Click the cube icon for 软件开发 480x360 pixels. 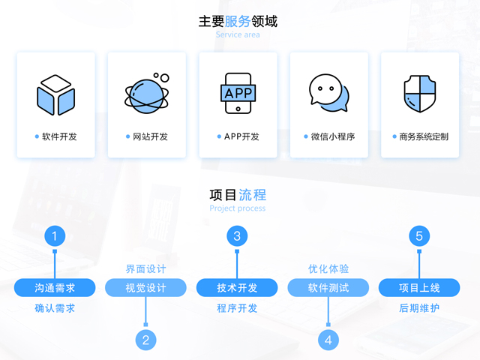pyautogui.click(x=55, y=95)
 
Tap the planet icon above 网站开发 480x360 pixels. pyautogui.click(x=147, y=93)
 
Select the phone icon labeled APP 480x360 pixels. pyautogui.click(x=238, y=93)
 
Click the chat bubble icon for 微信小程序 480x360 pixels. pyautogui.click(x=328, y=92)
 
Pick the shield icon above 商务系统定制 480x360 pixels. pyautogui.click(x=420, y=94)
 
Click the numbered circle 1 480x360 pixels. pyautogui.click(x=55, y=236)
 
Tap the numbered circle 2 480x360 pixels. pyautogui.click(x=145, y=340)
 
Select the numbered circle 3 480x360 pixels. pyautogui.click(x=237, y=236)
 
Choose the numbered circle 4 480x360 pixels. pyautogui.click(x=328, y=340)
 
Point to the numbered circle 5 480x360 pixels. pyautogui.click(x=419, y=236)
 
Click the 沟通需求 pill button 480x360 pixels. pyautogui.click(x=55, y=287)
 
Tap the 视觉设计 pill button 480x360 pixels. pyautogui.click(x=145, y=287)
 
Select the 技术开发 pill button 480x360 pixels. pyautogui.click(x=237, y=287)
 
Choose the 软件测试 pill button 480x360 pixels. pyautogui.click(x=328, y=287)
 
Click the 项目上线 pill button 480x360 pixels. pyautogui.click(x=419, y=287)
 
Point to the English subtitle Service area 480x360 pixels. pyautogui.click(x=238, y=34)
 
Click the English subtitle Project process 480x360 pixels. pyautogui.click(x=238, y=208)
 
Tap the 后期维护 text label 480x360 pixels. pyautogui.click(x=419, y=308)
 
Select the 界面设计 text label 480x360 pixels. pyautogui.click(x=145, y=268)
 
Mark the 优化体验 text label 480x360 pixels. pyautogui.click(x=328, y=268)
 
